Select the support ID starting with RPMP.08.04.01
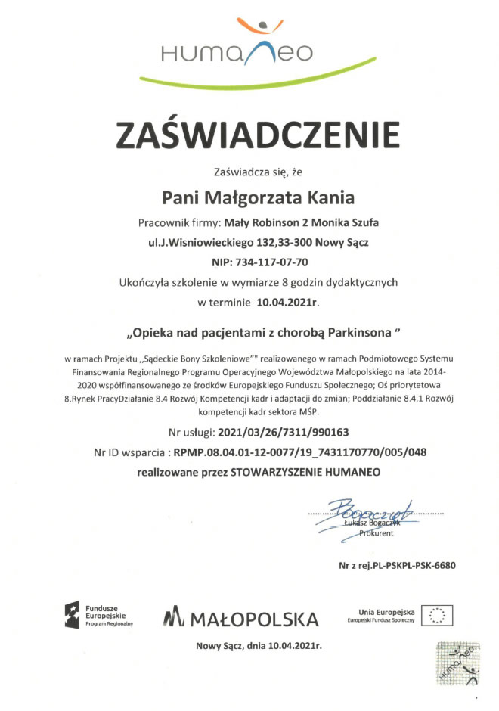coord(300,452)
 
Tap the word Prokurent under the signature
coord(376,533)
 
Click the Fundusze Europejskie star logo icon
coord(73,613)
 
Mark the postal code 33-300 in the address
coord(297,243)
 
